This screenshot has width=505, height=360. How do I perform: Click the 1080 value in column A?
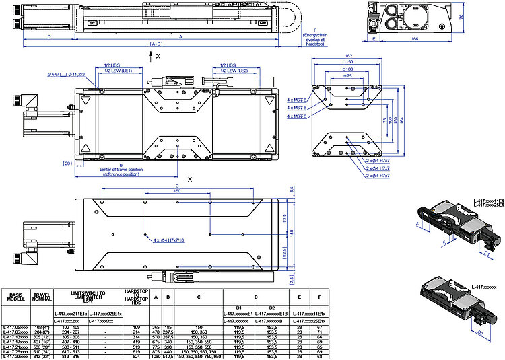coord(156,356)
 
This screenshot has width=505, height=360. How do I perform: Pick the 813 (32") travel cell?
coord(42,356)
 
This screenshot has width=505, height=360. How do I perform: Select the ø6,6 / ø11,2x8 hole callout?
coord(65,75)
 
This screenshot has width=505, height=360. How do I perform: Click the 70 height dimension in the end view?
coord(461,16)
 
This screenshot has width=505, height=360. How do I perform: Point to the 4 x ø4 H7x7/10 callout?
coord(168,240)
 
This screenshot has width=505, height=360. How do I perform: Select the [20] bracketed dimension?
coord(67,164)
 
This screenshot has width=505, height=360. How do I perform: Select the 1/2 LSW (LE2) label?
coord(234,71)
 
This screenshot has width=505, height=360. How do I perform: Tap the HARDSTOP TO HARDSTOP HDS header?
coord(132,296)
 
